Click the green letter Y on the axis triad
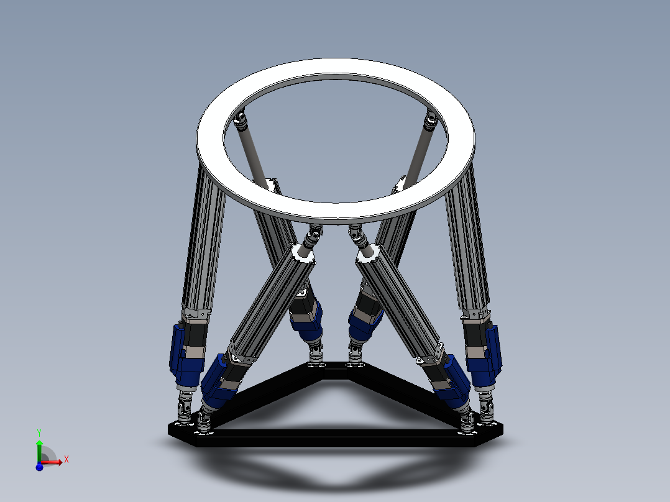(x=39, y=432)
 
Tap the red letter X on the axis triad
(x=66, y=459)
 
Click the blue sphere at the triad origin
(x=39, y=467)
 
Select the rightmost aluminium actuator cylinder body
(x=466, y=242)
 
